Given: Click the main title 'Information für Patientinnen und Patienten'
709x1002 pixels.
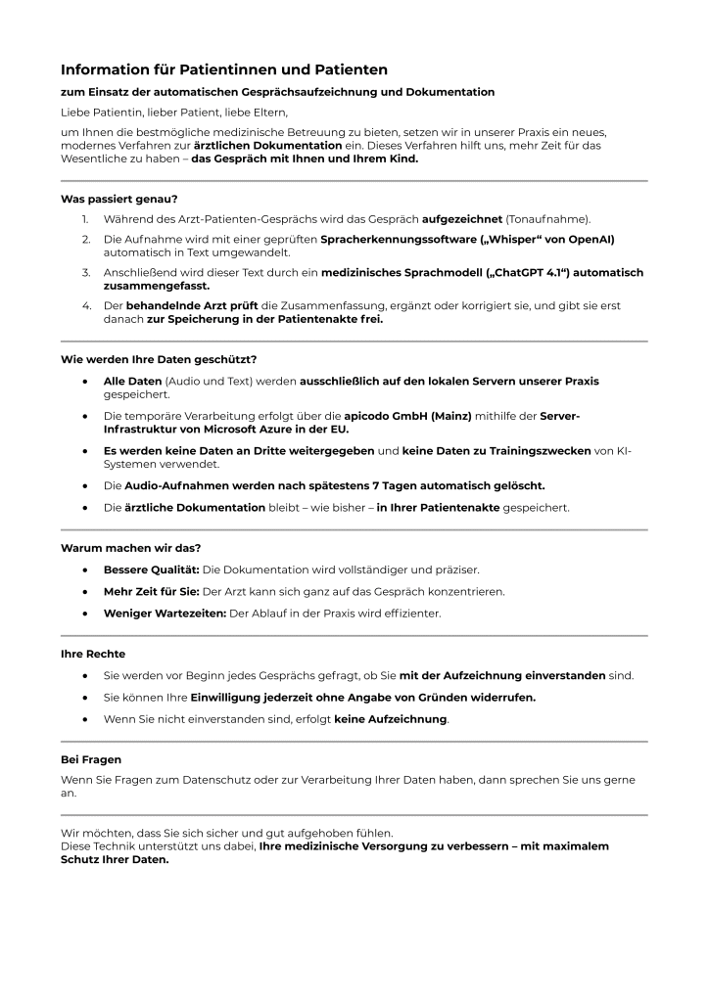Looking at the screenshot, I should pyautogui.click(x=224, y=69).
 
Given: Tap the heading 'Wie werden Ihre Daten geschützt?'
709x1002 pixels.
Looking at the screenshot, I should pyautogui.click(x=159, y=359).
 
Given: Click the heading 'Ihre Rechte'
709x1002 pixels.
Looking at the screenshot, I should pyautogui.click(x=93, y=654).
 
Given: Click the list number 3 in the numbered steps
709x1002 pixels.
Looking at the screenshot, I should pyautogui.click(x=86, y=273).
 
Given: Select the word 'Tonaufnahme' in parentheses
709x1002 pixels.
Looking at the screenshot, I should pyautogui.click(x=547, y=219).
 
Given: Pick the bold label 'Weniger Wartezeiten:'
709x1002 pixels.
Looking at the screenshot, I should pyautogui.click(x=164, y=614).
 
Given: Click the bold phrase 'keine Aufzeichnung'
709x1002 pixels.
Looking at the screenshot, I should pyautogui.click(x=391, y=719).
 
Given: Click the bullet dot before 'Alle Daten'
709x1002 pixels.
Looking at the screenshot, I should pyautogui.click(x=86, y=380).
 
